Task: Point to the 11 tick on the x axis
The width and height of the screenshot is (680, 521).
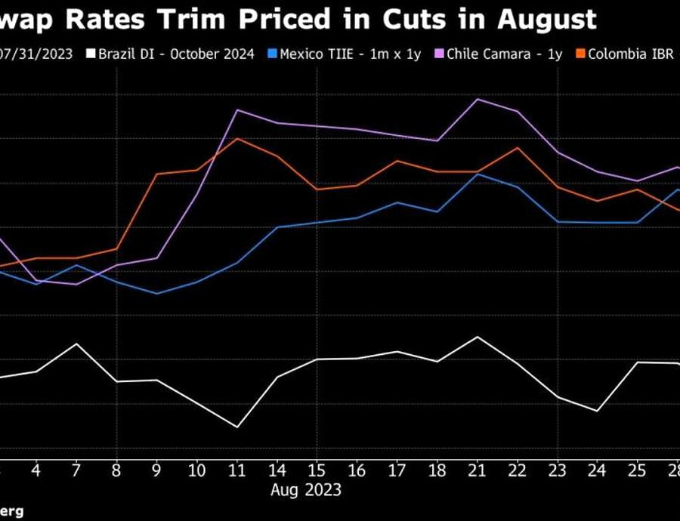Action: [x=237, y=470]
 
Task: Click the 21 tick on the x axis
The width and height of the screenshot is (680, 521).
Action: [x=477, y=470]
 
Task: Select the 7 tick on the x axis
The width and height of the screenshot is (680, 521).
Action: [x=77, y=470]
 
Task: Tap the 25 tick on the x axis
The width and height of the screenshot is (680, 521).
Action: [x=637, y=470]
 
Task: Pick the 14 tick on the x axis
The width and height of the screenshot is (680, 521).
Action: [x=277, y=470]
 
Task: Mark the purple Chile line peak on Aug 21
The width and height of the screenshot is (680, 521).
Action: [x=478, y=99]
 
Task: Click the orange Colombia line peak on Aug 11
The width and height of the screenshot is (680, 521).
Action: [x=237, y=138]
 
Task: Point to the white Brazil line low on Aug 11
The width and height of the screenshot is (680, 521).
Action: [x=237, y=427]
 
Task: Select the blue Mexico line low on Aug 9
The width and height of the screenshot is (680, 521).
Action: [x=157, y=294]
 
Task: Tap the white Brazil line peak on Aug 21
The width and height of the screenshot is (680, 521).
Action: [x=478, y=337]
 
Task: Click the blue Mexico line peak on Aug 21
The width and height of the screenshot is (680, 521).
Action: [x=478, y=174]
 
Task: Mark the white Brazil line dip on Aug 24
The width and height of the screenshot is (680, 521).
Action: [x=598, y=412]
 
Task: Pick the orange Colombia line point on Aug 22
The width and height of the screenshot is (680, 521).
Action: [x=518, y=147]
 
